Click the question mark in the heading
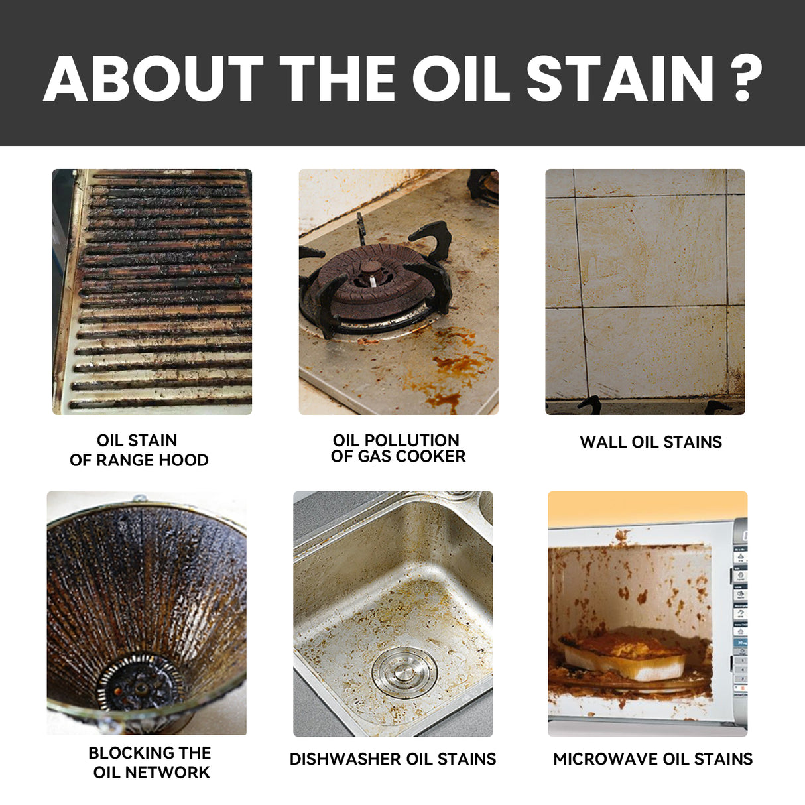point(748,78)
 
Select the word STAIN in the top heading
point(620,78)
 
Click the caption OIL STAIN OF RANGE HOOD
point(139,450)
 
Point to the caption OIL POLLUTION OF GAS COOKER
point(398,448)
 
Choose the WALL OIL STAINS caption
point(650,442)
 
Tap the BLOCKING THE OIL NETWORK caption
point(151,763)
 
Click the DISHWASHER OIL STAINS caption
point(393,759)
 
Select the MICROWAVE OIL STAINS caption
point(652,759)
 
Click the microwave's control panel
point(739,617)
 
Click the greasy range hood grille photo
point(153,292)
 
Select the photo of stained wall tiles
point(645,292)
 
